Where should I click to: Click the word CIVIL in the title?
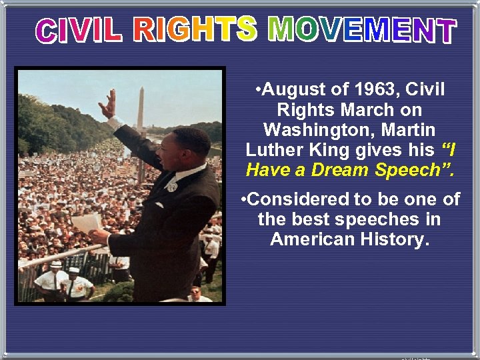pyautogui.click(x=79, y=30)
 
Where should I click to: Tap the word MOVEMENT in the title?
pyautogui.click(x=362, y=30)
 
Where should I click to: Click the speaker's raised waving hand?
pyautogui.click(x=107, y=103)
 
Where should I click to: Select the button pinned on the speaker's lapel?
pyautogui.click(x=172, y=187)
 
